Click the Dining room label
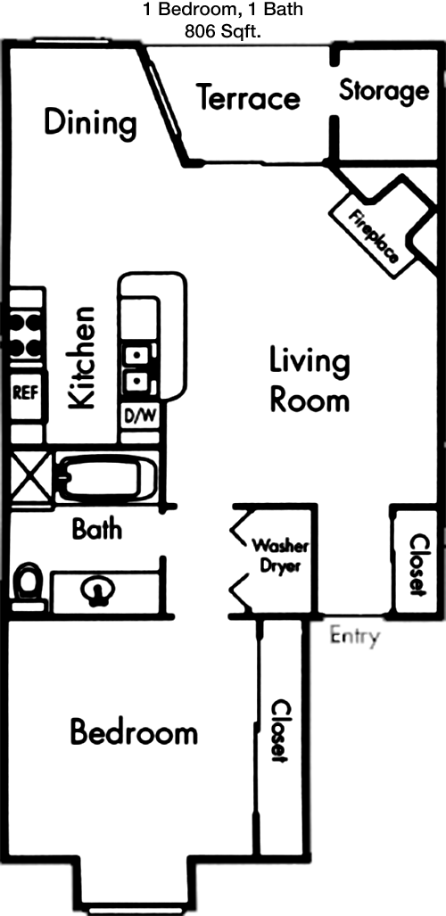91,123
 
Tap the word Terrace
249,97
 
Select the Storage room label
384,91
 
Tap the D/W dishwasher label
140,416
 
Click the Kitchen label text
81,358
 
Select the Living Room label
310,380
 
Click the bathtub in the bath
108,479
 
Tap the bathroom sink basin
98,591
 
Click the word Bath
97,529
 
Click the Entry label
355,636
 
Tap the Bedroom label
134,732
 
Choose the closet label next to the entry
417,565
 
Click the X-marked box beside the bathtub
29,475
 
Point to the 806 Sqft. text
223,32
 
